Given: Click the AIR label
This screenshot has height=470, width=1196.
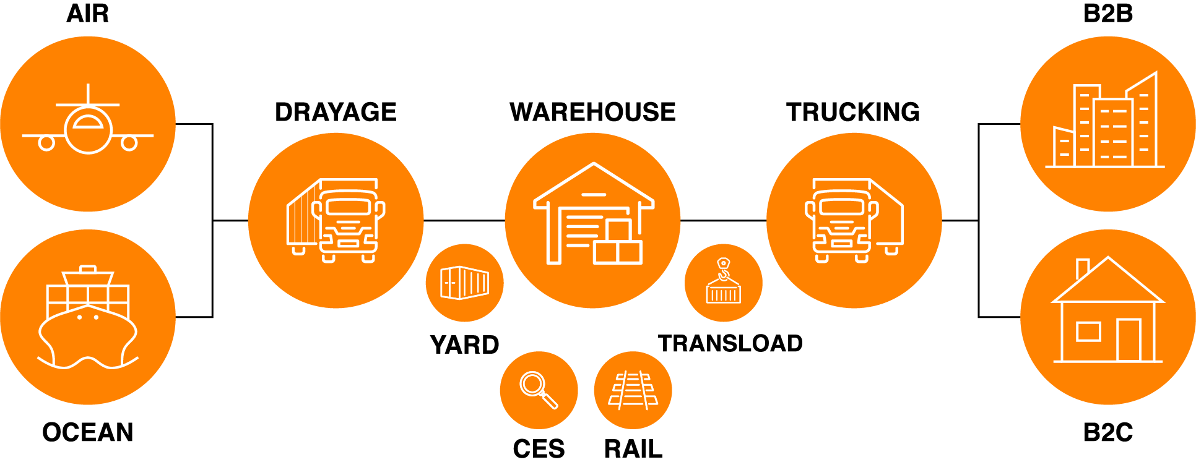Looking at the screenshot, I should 88,14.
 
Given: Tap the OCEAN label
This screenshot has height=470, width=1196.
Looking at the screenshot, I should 88,432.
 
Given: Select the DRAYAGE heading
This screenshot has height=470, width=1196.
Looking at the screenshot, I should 336,112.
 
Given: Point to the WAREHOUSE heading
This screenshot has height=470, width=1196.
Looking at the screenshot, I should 592,112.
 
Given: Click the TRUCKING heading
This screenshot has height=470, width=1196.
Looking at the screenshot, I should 853,112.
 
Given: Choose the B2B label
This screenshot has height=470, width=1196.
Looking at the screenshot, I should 1108,14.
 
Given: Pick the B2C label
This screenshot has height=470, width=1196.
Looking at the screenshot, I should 1108,432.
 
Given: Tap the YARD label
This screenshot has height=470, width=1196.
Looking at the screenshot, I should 464,344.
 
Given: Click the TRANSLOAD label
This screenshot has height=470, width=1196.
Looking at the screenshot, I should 730,343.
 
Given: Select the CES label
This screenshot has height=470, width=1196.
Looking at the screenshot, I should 539,449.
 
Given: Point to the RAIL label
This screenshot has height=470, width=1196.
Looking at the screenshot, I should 633,449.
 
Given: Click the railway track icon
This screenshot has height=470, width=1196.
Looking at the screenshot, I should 633,390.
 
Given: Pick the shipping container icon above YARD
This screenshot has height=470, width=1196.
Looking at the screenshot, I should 464,283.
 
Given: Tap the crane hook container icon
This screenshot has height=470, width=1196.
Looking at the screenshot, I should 723,282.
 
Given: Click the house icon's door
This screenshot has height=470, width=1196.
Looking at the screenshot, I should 1129,340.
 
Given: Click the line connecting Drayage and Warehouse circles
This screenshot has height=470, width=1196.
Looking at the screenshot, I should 464,220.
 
